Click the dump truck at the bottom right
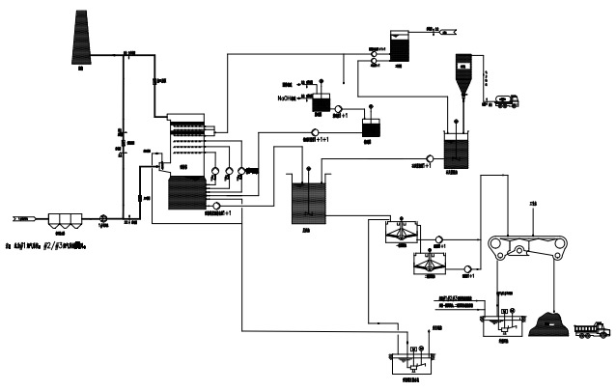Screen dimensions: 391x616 point(590,330)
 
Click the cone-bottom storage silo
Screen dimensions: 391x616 point(461,73)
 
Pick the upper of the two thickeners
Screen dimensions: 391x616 point(398,232)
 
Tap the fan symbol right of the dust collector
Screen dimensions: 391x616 point(103,218)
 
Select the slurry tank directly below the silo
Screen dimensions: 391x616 point(457,148)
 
